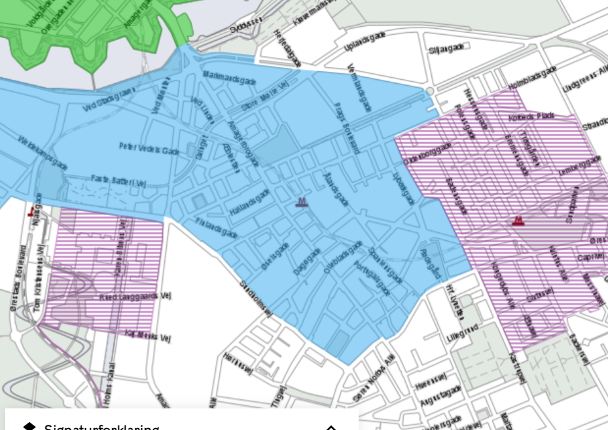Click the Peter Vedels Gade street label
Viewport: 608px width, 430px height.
pos(149,148)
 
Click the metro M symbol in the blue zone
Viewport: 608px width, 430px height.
pos(301,202)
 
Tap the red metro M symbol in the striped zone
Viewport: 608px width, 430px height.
pos(519,221)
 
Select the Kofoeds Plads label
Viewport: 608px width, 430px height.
pos(531,116)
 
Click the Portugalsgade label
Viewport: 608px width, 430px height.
pos(372,278)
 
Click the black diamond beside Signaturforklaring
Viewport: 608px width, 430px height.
pos(29,427)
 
